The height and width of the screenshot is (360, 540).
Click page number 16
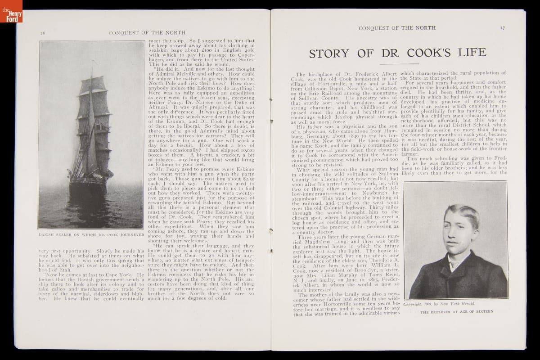42,32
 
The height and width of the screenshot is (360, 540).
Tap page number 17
502,28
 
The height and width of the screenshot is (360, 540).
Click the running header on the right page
397,28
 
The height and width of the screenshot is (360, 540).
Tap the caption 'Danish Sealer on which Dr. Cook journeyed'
91,235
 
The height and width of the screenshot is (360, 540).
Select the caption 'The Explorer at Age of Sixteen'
457,311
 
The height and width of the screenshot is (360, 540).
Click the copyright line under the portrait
432,304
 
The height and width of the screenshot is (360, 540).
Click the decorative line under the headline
397,63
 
